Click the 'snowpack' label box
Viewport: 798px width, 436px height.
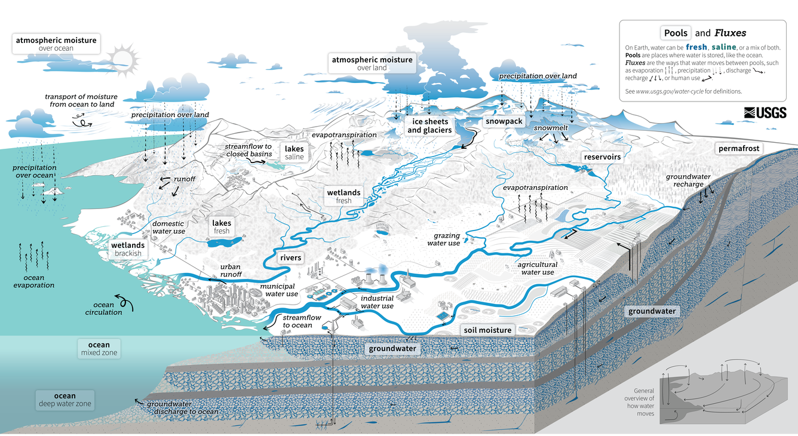coord(504,121)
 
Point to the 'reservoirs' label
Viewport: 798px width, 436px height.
coord(602,157)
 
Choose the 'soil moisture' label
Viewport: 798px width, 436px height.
coord(488,330)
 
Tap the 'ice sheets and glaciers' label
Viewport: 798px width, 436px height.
coord(429,126)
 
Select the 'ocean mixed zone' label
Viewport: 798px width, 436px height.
coord(99,349)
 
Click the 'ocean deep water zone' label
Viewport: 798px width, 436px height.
coord(65,400)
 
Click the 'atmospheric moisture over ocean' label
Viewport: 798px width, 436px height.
coord(56,44)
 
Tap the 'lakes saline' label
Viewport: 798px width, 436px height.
coord(294,152)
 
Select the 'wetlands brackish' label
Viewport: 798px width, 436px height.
coord(128,249)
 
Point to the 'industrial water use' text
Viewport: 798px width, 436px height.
coord(377,302)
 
